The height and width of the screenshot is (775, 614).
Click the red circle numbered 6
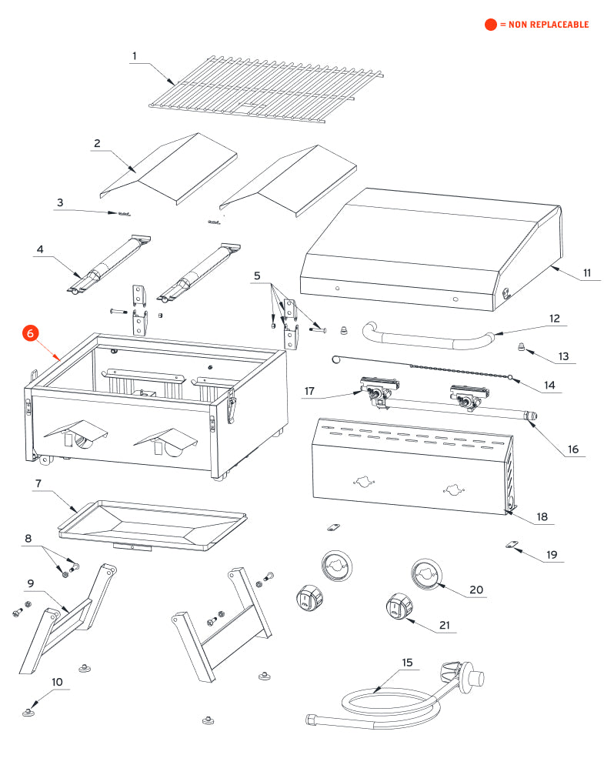(31, 333)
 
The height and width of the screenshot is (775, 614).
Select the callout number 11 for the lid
(586, 273)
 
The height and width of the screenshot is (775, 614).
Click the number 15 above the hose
(407, 662)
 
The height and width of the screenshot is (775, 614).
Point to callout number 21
(444, 625)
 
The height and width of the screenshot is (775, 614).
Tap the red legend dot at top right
(490, 25)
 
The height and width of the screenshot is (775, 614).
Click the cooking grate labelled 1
(262, 89)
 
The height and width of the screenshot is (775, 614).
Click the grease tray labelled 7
(154, 523)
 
